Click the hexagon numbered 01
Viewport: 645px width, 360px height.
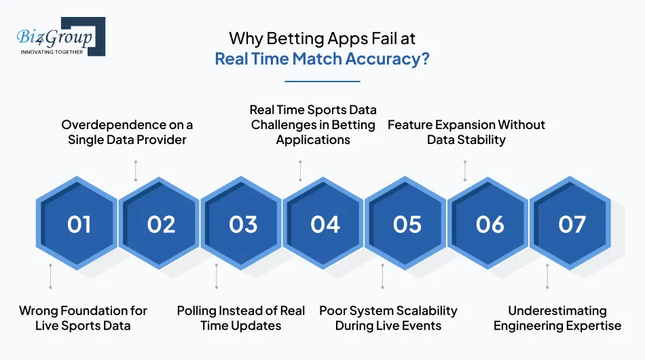coord(79,224)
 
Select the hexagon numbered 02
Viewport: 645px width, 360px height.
coord(161,224)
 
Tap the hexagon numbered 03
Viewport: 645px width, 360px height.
coord(243,224)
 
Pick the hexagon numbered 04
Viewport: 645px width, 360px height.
coord(325,224)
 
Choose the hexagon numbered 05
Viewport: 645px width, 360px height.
coord(407,224)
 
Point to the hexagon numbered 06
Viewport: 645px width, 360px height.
coord(490,224)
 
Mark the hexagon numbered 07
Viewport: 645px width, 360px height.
coord(572,224)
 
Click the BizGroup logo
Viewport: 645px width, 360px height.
coord(60,37)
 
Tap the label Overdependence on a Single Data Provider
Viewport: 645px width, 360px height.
coord(127,132)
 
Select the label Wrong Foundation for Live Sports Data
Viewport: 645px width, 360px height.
coord(83,318)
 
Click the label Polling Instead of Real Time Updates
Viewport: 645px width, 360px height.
coord(241,318)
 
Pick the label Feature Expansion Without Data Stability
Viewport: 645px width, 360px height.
coord(466,132)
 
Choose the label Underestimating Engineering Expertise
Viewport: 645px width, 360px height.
coord(557,318)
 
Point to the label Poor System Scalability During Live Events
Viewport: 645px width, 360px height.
coord(388,318)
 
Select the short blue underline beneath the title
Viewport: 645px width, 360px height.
coord(322,82)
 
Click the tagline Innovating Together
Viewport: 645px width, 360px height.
coord(52,52)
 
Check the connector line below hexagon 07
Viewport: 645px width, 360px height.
coord(547,276)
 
